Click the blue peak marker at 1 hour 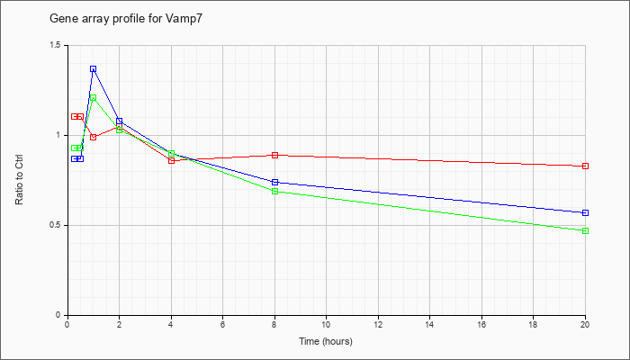[x=94, y=69]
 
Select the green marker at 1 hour [x=94, y=97]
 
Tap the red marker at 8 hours [x=274, y=155]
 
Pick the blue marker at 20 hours [x=585, y=212]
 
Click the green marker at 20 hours [x=585, y=230]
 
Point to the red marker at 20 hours [x=585, y=166]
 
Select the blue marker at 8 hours [x=274, y=182]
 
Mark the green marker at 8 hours [x=274, y=191]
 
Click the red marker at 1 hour [x=94, y=137]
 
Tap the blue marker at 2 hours [x=120, y=121]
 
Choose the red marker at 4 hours [x=172, y=161]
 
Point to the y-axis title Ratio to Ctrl [x=19, y=179]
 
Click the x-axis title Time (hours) [x=326, y=341]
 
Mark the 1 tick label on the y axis [x=61, y=135]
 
